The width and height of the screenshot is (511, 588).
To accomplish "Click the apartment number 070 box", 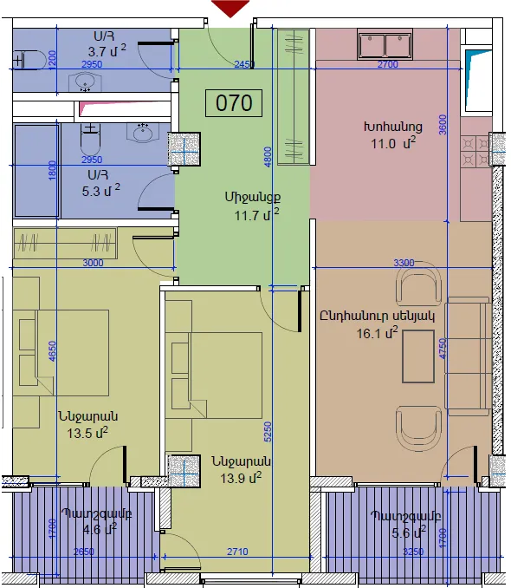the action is (x=234, y=102).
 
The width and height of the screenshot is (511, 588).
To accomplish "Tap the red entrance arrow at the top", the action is (x=230, y=9).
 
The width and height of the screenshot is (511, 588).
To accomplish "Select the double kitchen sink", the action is (x=385, y=44).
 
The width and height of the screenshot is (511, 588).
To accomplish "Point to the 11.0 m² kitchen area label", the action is (x=393, y=143).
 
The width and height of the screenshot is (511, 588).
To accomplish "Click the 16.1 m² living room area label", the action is (x=377, y=333).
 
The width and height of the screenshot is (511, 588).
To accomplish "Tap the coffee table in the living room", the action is (x=418, y=356).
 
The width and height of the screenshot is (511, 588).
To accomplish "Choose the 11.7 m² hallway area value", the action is (x=256, y=214).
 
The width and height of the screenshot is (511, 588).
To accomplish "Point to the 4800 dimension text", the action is (x=267, y=157).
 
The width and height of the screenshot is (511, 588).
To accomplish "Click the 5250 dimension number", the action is (x=268, y=432).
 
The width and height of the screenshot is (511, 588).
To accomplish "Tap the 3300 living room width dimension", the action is (x=404, y=263).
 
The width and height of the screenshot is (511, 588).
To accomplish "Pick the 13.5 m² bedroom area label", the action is (x=87, y=433).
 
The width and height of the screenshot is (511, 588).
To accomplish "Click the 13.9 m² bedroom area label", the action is (x=241, y=478).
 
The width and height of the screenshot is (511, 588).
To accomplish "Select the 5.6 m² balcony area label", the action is (x=409, y=532).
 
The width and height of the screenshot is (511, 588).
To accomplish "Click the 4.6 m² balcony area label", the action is (x=100, y=530).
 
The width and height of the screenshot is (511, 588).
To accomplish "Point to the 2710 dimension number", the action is (x=237, y=552).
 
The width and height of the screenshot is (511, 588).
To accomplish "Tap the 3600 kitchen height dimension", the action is (x=443, y=125).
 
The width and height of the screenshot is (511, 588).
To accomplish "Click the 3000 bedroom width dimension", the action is (x=93, y=263).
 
